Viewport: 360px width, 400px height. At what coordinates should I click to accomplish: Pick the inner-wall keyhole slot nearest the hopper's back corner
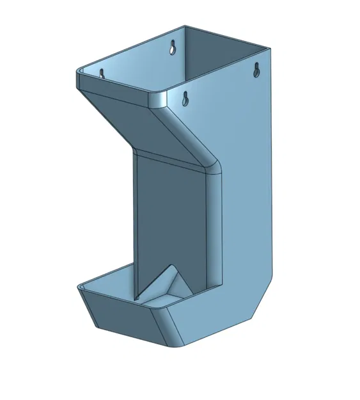tap(173, 47)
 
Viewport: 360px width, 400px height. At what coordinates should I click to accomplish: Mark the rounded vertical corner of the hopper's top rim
tap(159, 99)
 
